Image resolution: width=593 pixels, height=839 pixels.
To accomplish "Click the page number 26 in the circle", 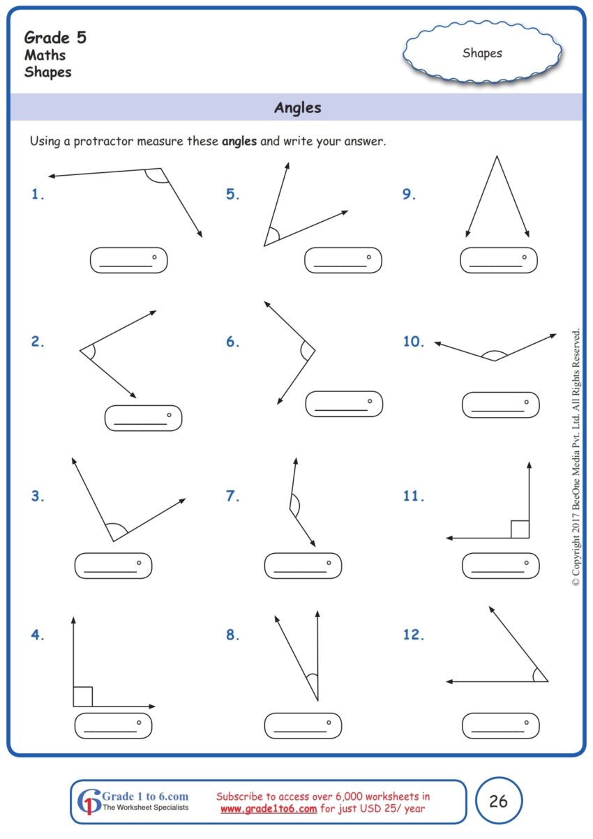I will pos(498,801).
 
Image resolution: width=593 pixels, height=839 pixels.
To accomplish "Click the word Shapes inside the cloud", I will pos(482,53).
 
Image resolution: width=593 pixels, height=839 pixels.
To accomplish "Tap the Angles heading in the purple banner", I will pos(297,107).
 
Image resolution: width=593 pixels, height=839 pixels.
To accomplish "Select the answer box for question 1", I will pos(129,260).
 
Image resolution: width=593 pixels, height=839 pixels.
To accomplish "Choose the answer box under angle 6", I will pos(344,404).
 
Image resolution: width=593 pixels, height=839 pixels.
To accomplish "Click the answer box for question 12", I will pos(500,725).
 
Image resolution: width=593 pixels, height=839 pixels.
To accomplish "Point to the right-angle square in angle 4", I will pos(82,697).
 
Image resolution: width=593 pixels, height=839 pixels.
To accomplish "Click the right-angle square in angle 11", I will pos(520,529).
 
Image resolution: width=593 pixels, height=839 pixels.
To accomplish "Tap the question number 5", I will pos(232,195).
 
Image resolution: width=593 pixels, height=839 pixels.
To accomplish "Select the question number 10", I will pos(413,342).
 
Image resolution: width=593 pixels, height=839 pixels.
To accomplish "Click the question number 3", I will pos(38,497).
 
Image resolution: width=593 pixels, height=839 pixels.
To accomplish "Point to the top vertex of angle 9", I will pos(497,157).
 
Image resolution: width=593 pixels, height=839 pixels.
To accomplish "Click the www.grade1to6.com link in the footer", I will pos(269,809).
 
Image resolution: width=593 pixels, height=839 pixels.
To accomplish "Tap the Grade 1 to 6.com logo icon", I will pos(89,802).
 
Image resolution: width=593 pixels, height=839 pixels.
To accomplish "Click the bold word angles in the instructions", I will pos(239,142).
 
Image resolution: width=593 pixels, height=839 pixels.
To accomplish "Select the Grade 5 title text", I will pos(55,38).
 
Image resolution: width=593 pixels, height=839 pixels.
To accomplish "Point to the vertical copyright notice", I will pos(576,457).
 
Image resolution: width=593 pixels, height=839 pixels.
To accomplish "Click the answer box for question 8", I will pos(303,725).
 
